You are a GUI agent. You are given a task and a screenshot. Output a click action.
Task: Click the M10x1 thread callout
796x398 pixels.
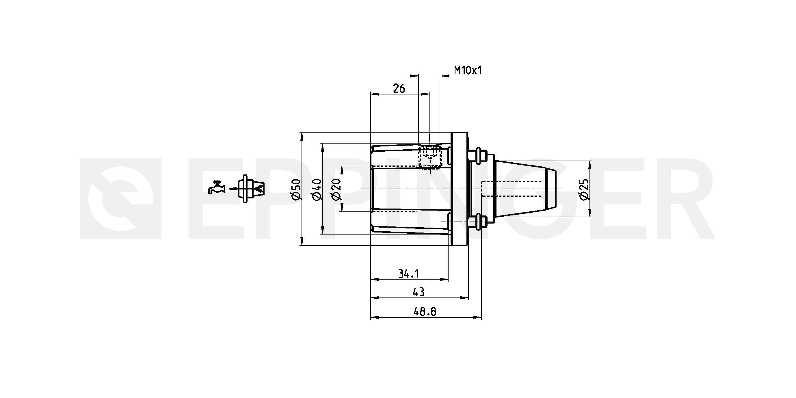[468, 70]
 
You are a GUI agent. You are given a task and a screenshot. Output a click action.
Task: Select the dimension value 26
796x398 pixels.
[399, 89]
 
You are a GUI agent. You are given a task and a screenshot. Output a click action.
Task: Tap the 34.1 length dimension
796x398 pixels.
[408, 274]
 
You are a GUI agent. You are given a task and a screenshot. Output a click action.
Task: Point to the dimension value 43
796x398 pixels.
[419, 292]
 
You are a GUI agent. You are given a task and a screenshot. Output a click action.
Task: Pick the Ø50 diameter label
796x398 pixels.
[296, 189]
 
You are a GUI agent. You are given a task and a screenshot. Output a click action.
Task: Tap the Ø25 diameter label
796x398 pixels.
[584, 189]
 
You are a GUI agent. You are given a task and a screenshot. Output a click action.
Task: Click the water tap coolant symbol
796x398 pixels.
[217, 187]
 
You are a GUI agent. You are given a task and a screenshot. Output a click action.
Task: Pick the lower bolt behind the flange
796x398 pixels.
[477, 222]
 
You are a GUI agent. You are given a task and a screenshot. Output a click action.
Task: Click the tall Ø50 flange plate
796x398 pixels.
[460, 189]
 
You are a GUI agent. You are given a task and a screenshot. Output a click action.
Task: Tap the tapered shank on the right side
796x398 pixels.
[525, 189]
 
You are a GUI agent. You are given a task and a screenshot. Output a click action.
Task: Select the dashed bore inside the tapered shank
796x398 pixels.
[512, 189]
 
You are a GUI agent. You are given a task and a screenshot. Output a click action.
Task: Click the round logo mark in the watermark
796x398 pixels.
[121, 199]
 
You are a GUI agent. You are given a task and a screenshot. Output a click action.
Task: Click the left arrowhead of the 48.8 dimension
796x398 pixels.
[375, 317]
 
